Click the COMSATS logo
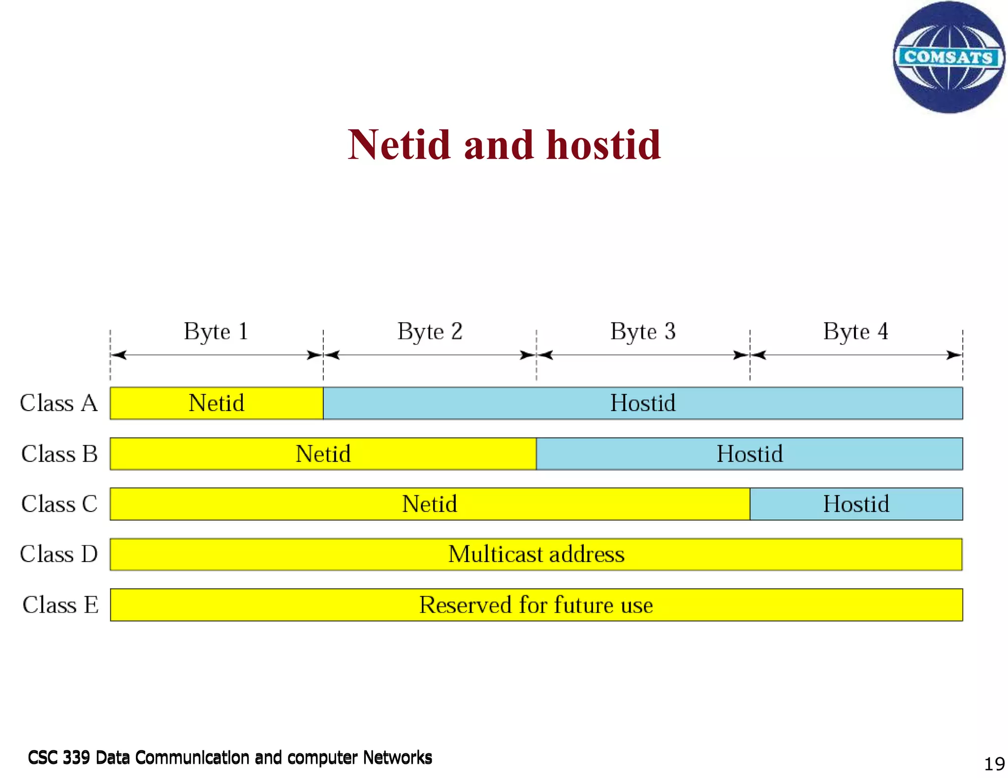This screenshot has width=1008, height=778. [948, 58]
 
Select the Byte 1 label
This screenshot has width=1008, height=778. [216, 331]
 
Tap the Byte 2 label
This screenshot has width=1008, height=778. [430, 331]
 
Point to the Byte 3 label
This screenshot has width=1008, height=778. [643, 331]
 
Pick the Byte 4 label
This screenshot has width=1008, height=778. [855, 331]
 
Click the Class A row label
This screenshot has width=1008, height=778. [59, 403]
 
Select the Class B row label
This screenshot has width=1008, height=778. [59, 453]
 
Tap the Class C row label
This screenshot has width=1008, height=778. [59, 504]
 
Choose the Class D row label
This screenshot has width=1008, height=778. [59, 554]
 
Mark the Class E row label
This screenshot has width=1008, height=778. [60, 605]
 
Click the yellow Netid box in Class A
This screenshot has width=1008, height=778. [217, 403]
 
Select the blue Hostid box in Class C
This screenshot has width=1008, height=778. [856, 504]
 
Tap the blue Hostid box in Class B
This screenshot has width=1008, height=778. [749, 453]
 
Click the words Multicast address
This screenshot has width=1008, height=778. [536, 554]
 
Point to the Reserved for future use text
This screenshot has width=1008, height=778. [536, 605]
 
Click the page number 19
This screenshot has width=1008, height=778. [994, 764]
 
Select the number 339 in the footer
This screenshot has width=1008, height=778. [76, 757]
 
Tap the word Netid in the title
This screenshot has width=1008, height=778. [399, 145]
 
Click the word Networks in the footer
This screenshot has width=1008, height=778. [397, 757]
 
